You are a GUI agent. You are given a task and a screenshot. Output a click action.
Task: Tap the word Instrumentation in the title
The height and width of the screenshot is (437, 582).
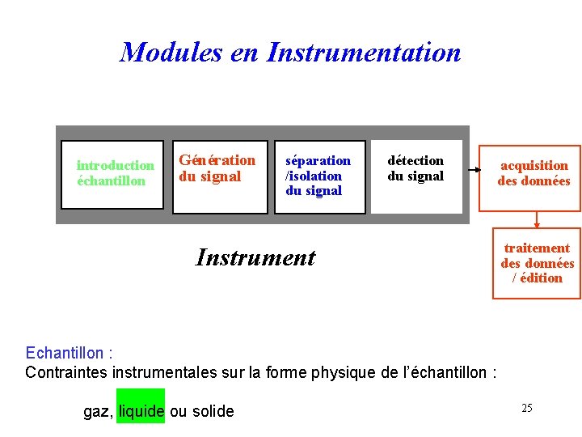(x=364, y=53)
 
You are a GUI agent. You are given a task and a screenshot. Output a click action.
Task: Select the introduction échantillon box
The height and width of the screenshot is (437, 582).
(x=112, y=174)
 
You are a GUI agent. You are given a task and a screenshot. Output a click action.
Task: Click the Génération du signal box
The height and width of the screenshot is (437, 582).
(x=220, y=174)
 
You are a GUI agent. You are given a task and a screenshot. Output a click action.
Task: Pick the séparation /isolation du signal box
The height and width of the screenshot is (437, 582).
(x=320, y=176)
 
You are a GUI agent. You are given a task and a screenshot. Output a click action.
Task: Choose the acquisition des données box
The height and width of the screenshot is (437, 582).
(x=533, y=173)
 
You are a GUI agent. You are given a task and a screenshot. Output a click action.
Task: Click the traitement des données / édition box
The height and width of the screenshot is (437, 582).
(x=537, y=263)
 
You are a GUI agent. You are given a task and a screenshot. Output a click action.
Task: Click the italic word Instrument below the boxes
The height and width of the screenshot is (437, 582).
(x=255, y=258)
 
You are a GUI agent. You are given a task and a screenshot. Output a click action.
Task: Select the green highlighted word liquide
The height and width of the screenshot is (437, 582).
(x=141, y=411)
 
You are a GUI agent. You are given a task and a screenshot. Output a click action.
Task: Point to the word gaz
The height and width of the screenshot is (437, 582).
(x=97, y=412)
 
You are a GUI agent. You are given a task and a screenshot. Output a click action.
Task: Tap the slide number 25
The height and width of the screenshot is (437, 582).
(x=526, y=408)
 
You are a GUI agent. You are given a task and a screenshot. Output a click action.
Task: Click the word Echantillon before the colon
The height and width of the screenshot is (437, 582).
(x=65, y=353)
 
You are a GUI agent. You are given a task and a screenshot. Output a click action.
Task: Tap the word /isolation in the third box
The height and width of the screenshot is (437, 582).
(x=314, y=176)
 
